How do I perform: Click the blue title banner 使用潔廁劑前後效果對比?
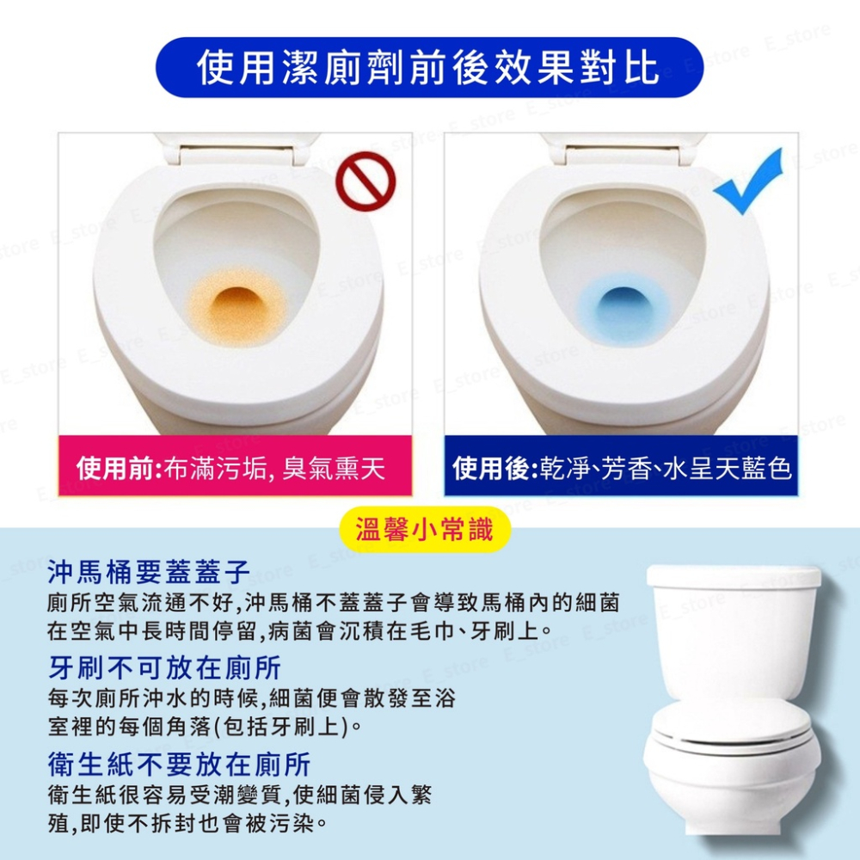[x=429, y=68]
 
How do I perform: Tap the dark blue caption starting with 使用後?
[x=621, y=469]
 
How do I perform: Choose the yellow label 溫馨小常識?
[x=425, y=530]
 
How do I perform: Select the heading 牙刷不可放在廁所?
[x=164, y=667]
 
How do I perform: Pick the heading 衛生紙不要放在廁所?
[x=179, y=764]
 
